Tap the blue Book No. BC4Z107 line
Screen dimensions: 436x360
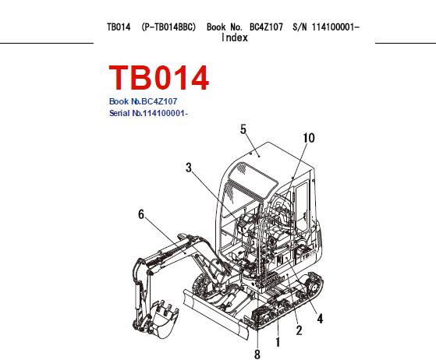(x=143, y=101)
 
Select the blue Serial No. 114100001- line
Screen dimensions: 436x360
(x=149, y=113)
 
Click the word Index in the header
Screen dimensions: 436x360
(x=235, y=37)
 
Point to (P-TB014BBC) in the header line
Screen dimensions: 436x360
(x=168, y=27)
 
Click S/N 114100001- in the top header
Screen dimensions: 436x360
(x=326, y=27)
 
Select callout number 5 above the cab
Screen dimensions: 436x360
(x=243, y=129)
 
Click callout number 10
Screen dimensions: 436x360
(x=309, y=138)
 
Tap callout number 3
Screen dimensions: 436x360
(x=189, y=168)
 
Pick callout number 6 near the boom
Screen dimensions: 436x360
(x=141, y=214)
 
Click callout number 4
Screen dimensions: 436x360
(x=320, y=319)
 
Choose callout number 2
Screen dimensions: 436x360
(x=299, y=330)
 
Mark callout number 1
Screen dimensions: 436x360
(x=278, y=342)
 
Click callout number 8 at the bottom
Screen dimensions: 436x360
(x=257, y=355)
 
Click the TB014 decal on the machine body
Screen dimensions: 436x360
(x=309, y=253)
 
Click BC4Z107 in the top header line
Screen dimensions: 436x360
(x=266, y=27)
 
